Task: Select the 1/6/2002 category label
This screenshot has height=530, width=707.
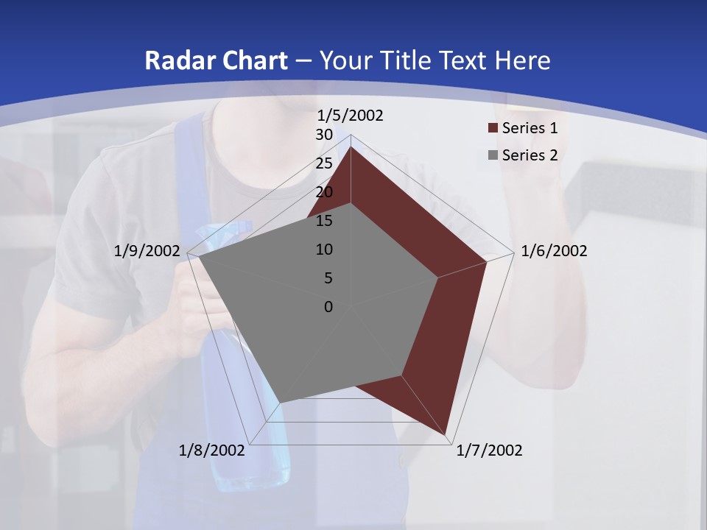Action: point(554,251)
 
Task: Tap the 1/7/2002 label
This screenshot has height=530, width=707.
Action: point(489,451)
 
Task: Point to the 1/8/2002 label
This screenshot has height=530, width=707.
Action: point(212,451)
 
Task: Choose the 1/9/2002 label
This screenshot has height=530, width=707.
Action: point(147,251)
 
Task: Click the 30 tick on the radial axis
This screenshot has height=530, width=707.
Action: point(324,135)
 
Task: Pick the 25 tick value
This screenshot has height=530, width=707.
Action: point(324,163)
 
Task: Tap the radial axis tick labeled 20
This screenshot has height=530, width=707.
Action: point(324,192)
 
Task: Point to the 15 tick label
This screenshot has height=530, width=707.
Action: point(324,221)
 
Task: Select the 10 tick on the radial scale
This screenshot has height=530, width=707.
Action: point(324,250)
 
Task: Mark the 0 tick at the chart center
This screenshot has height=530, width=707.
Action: point(328,307)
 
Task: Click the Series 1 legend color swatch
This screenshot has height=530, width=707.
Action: point(493,128)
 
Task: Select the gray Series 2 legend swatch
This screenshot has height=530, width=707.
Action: point(493,155)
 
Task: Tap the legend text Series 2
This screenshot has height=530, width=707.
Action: point(530,155)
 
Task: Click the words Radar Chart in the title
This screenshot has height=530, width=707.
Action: point(216,60)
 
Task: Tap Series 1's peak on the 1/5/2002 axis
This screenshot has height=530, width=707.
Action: point(351,147)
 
